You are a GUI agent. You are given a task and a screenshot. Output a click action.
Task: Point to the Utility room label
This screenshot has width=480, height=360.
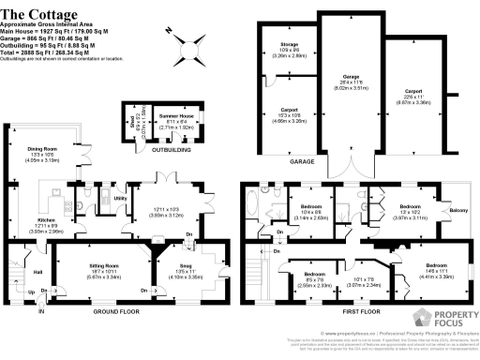click(x=120, y=198)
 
